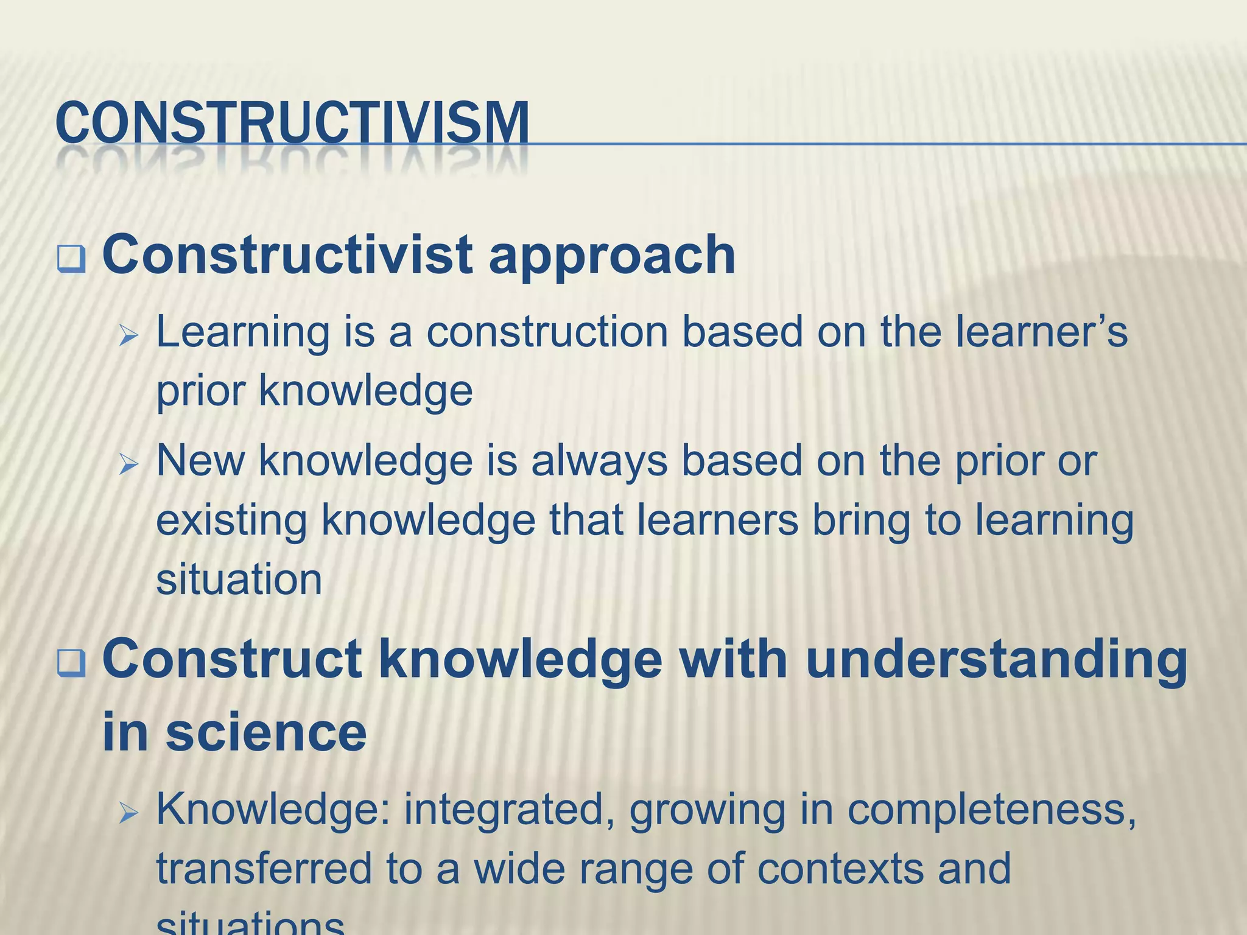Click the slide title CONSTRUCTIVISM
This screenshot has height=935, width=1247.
(292, 124)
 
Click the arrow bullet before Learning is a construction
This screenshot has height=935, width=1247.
(129, 335)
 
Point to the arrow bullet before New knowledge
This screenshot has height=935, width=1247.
(129, 465)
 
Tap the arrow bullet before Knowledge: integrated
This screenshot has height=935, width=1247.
(129, 813)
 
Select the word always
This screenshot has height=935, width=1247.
(599, 461)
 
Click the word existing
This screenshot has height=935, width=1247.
(231, 521)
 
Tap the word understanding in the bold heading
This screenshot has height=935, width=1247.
(996, 661)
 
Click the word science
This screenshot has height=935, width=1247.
(266, 733)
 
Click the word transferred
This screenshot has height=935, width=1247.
(264, 868)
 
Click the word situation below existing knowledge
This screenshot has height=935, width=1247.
(239, 580)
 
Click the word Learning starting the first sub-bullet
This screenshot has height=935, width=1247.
(242, 334)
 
